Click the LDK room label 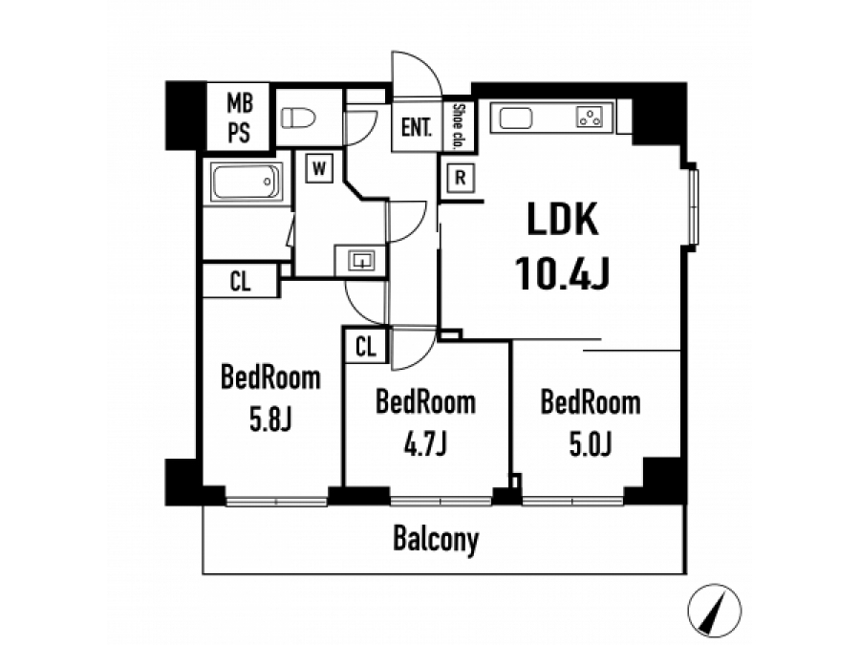562,219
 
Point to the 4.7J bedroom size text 425,444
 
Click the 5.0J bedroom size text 591,444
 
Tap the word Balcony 436,540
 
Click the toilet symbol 298,118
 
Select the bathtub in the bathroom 246,182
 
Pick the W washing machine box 319,168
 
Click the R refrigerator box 461,178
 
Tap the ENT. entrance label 417,128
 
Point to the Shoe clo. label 459,127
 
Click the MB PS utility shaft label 239,118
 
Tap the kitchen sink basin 516,118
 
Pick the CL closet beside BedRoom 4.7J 366,347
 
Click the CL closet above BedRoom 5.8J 240,282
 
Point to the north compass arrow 715,611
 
